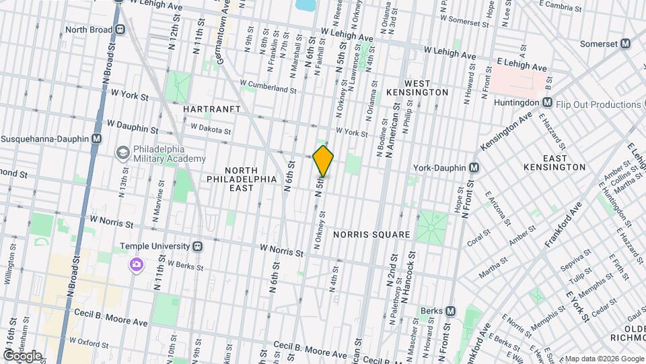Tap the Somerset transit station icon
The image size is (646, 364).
(x=625, y=43)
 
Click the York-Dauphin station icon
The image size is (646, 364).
(x=474, y=167)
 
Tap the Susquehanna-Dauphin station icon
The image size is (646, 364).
(x=97, y=138)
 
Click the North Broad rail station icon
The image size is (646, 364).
(x=120, y=30)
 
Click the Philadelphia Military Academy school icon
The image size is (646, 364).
(x=122, y=153)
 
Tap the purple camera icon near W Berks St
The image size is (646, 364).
(x=137, y=265)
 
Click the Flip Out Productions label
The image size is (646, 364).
(x=599, y=104)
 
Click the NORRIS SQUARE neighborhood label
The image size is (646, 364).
(x=371, y=235)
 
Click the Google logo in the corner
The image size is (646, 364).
(x=22, y=355)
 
